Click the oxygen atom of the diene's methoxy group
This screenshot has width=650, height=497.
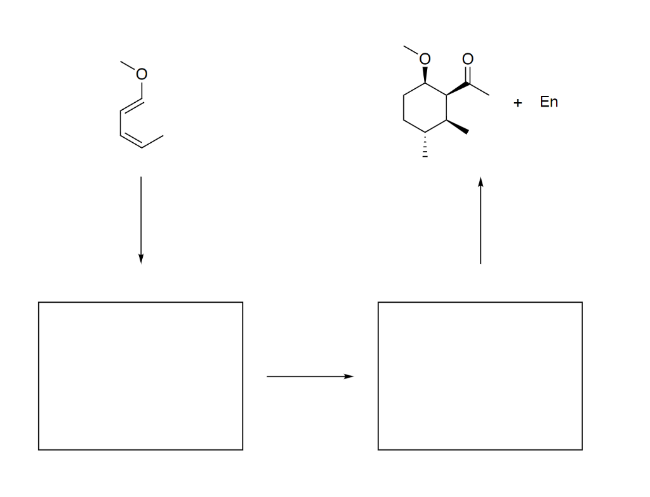142,75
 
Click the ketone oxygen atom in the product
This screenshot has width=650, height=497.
468,59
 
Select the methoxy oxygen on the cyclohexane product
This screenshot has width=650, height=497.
425,60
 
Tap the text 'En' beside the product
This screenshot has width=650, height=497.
549,102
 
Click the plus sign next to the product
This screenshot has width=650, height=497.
518,103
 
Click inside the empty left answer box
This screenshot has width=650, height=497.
140,376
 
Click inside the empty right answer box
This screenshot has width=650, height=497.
480,376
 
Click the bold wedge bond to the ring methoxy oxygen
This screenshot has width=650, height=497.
425,75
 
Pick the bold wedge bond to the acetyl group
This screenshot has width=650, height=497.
457,89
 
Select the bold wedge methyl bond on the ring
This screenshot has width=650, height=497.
458,127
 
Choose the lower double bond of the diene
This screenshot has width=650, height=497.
131,138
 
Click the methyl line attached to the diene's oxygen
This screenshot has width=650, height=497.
129,67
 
